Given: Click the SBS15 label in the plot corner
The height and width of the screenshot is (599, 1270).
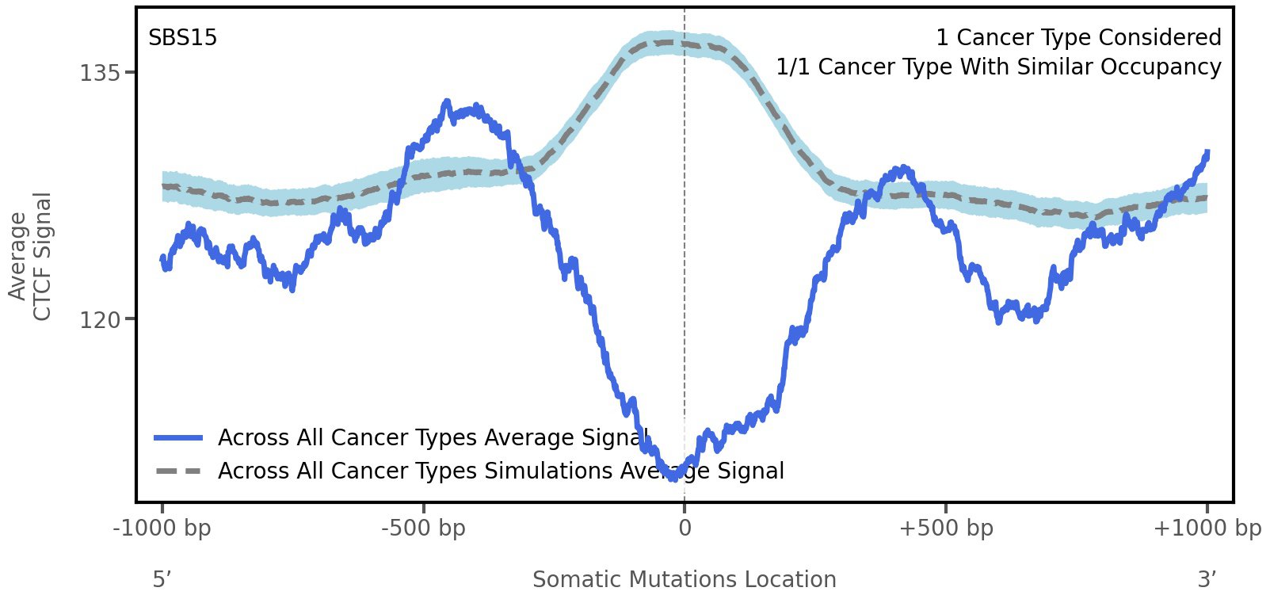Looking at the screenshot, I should [x=182, y=38].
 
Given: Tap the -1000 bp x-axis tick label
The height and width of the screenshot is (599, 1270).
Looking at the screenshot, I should [x=162, y=528].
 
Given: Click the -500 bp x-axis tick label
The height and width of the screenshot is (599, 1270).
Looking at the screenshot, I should [x=423, y=528].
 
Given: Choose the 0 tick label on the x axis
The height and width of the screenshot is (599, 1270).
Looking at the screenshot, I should [x=685, y=528].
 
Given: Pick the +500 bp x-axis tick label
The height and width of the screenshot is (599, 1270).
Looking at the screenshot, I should [x=946, y=528].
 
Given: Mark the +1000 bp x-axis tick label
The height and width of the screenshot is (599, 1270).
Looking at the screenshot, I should [x=1207, y=528].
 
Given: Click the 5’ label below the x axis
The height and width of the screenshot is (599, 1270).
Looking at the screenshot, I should [x=162, y=580].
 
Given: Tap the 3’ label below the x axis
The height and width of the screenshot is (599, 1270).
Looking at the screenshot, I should [x=1207, y=580].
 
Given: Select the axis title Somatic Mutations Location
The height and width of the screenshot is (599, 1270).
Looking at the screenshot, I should [x=684, y=580].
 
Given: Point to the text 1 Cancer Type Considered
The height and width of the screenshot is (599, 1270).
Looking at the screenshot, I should [x=1078, y=38].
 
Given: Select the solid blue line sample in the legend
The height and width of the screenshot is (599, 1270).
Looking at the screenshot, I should [x=179, y=438].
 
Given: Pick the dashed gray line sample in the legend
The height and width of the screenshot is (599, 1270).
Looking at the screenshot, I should [x=179, y=471].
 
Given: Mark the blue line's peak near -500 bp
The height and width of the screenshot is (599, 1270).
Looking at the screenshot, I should [x=448, y=101].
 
